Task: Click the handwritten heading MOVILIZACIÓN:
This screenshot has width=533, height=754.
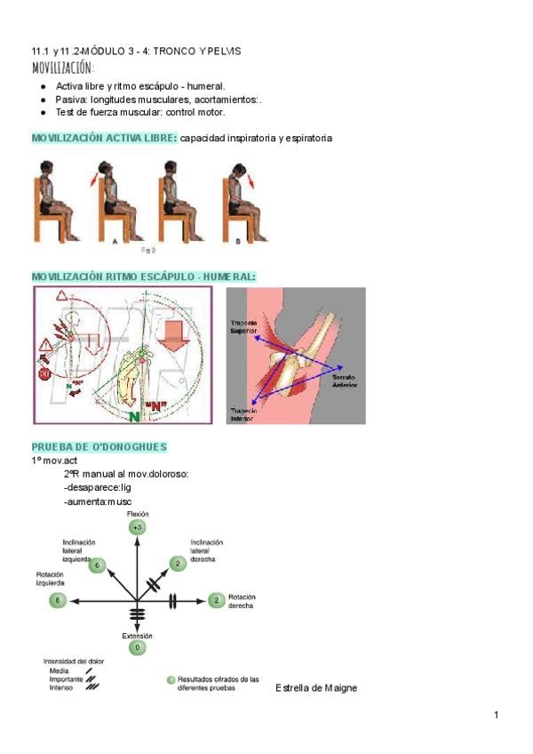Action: tap(63, 68)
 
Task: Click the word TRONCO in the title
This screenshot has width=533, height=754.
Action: tap(176, 51)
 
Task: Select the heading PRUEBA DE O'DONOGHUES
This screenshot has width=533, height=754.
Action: tap(99, 446)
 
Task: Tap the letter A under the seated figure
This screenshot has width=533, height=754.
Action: tap(115, 241)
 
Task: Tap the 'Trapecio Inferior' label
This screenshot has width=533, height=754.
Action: tap(244, 414)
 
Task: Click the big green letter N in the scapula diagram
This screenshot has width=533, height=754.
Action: tap(133, 414)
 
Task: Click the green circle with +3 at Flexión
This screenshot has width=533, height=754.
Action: tap(137, 527)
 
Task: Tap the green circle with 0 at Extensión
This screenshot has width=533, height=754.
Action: tap(137, 648)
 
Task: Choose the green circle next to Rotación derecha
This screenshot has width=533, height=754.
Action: tap(216, 601)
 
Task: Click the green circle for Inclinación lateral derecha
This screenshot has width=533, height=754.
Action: tap(178, 564)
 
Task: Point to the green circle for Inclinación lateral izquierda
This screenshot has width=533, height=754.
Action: tap(97, 564)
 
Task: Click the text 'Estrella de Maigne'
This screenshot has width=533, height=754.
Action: tap(316, 688)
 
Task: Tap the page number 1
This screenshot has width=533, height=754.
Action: tap(497, 716)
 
